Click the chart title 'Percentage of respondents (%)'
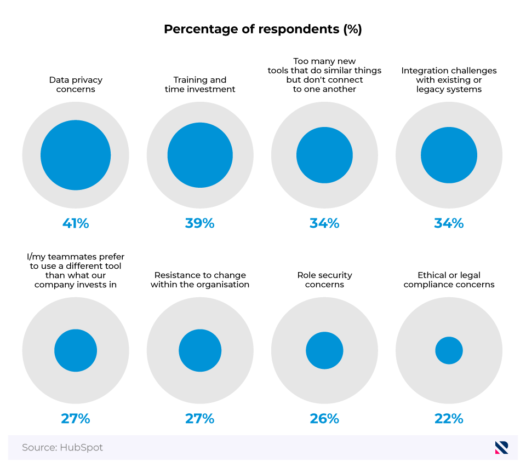263,30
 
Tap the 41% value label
76,223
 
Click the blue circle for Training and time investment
200,155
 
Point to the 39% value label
200,223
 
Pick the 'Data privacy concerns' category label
76,84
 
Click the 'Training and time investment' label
200,84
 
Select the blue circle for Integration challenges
449,155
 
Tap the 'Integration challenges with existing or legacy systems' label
449,80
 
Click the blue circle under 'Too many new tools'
324,155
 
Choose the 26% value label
324,419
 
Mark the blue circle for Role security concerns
324,350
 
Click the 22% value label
449,419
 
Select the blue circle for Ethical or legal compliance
449,350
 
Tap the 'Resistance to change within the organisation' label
200,280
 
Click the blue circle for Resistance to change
200,350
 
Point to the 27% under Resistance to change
200,419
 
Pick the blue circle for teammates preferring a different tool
76,350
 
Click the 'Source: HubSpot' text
62,448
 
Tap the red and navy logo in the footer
501,447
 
